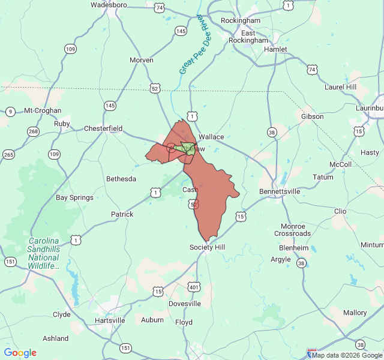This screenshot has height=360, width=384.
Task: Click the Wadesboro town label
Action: point(109,5)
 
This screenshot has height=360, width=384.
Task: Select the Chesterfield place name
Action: point(103,128)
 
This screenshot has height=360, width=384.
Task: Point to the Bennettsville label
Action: point(279,191)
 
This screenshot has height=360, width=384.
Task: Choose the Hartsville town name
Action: point(110,320)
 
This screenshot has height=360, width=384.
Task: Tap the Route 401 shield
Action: point(194,287)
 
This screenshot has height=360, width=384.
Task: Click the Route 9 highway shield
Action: point(10,112)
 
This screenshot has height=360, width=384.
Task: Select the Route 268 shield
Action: point(34,131)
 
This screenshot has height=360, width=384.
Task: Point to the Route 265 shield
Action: point(8,154)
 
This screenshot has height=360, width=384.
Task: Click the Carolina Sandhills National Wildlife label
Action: point(44,253)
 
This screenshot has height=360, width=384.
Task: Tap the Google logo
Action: point(20,353)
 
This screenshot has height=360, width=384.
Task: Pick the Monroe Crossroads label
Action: point(292,230)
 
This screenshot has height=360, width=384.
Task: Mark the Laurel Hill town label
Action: point(340,87)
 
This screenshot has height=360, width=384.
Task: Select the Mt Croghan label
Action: point(43,110)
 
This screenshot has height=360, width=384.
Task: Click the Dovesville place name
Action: point(184,304)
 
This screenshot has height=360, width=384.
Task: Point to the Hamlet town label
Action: point(275,49)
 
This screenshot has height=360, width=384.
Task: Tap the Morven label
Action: point(142,60)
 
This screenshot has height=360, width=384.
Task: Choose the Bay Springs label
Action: point(74,197)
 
